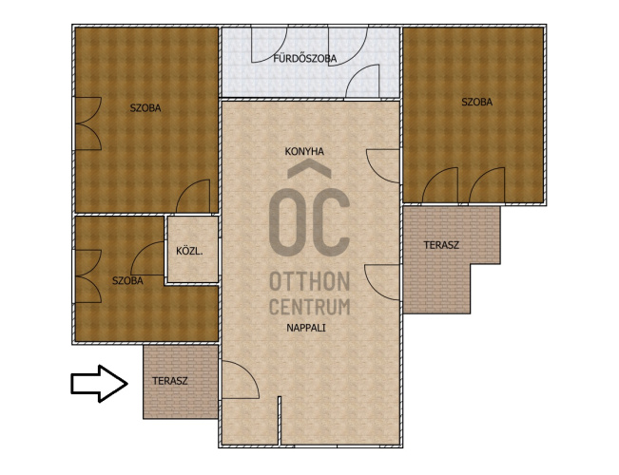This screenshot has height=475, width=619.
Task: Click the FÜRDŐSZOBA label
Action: click(305, 58)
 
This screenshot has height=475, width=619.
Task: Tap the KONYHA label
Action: click(304, 151)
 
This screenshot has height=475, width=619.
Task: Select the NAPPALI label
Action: click(306, 328)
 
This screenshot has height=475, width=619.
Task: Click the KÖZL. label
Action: click(189, 251)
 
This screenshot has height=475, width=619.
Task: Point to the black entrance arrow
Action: click(100, 384)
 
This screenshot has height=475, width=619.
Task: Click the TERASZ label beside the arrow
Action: click(170, 382)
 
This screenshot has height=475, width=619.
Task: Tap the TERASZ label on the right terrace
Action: click(441, 245)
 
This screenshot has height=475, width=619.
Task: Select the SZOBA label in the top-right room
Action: click(477, 103)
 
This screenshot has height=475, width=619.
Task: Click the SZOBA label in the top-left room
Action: click(145, 108)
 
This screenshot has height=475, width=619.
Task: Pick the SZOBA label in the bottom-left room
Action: click(127, 281)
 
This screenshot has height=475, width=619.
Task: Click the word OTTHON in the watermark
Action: click(310, 282)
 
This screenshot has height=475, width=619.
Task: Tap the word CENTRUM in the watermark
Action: click(310, 307)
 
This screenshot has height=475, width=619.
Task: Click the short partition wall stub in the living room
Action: click(280, 421)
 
